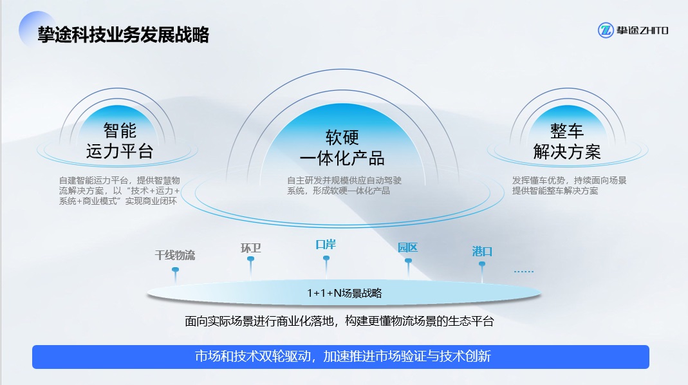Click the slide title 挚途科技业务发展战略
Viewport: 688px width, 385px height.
(x=124, y=35)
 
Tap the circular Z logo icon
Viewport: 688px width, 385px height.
(x=606, y=30)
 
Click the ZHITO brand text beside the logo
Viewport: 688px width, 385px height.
(x=642, y=30)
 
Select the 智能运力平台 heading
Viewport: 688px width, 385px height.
(x=120, y=141)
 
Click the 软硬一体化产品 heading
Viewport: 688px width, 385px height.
(x=342, y=148)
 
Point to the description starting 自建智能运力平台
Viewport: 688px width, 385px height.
(x=119, y=191)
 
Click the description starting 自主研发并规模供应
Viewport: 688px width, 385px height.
(x=344, y=185)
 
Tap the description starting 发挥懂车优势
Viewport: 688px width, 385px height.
(x=569, y=185)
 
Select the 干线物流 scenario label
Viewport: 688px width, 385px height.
(x=175, y=255)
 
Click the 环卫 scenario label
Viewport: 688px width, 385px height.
(x=250, y=248)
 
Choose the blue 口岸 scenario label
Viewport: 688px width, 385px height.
(x=326, y=245)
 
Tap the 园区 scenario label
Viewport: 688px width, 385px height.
(x=407, y=247)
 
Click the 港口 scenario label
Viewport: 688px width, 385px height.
(x=482, y=251)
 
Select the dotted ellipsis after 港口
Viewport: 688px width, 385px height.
(x=523, y=272)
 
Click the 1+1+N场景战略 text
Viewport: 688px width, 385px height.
(x=344, y=293)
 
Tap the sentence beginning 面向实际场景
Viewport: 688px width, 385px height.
(x=339, y=321)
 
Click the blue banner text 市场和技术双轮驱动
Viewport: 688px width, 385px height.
(x=342, y=356)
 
